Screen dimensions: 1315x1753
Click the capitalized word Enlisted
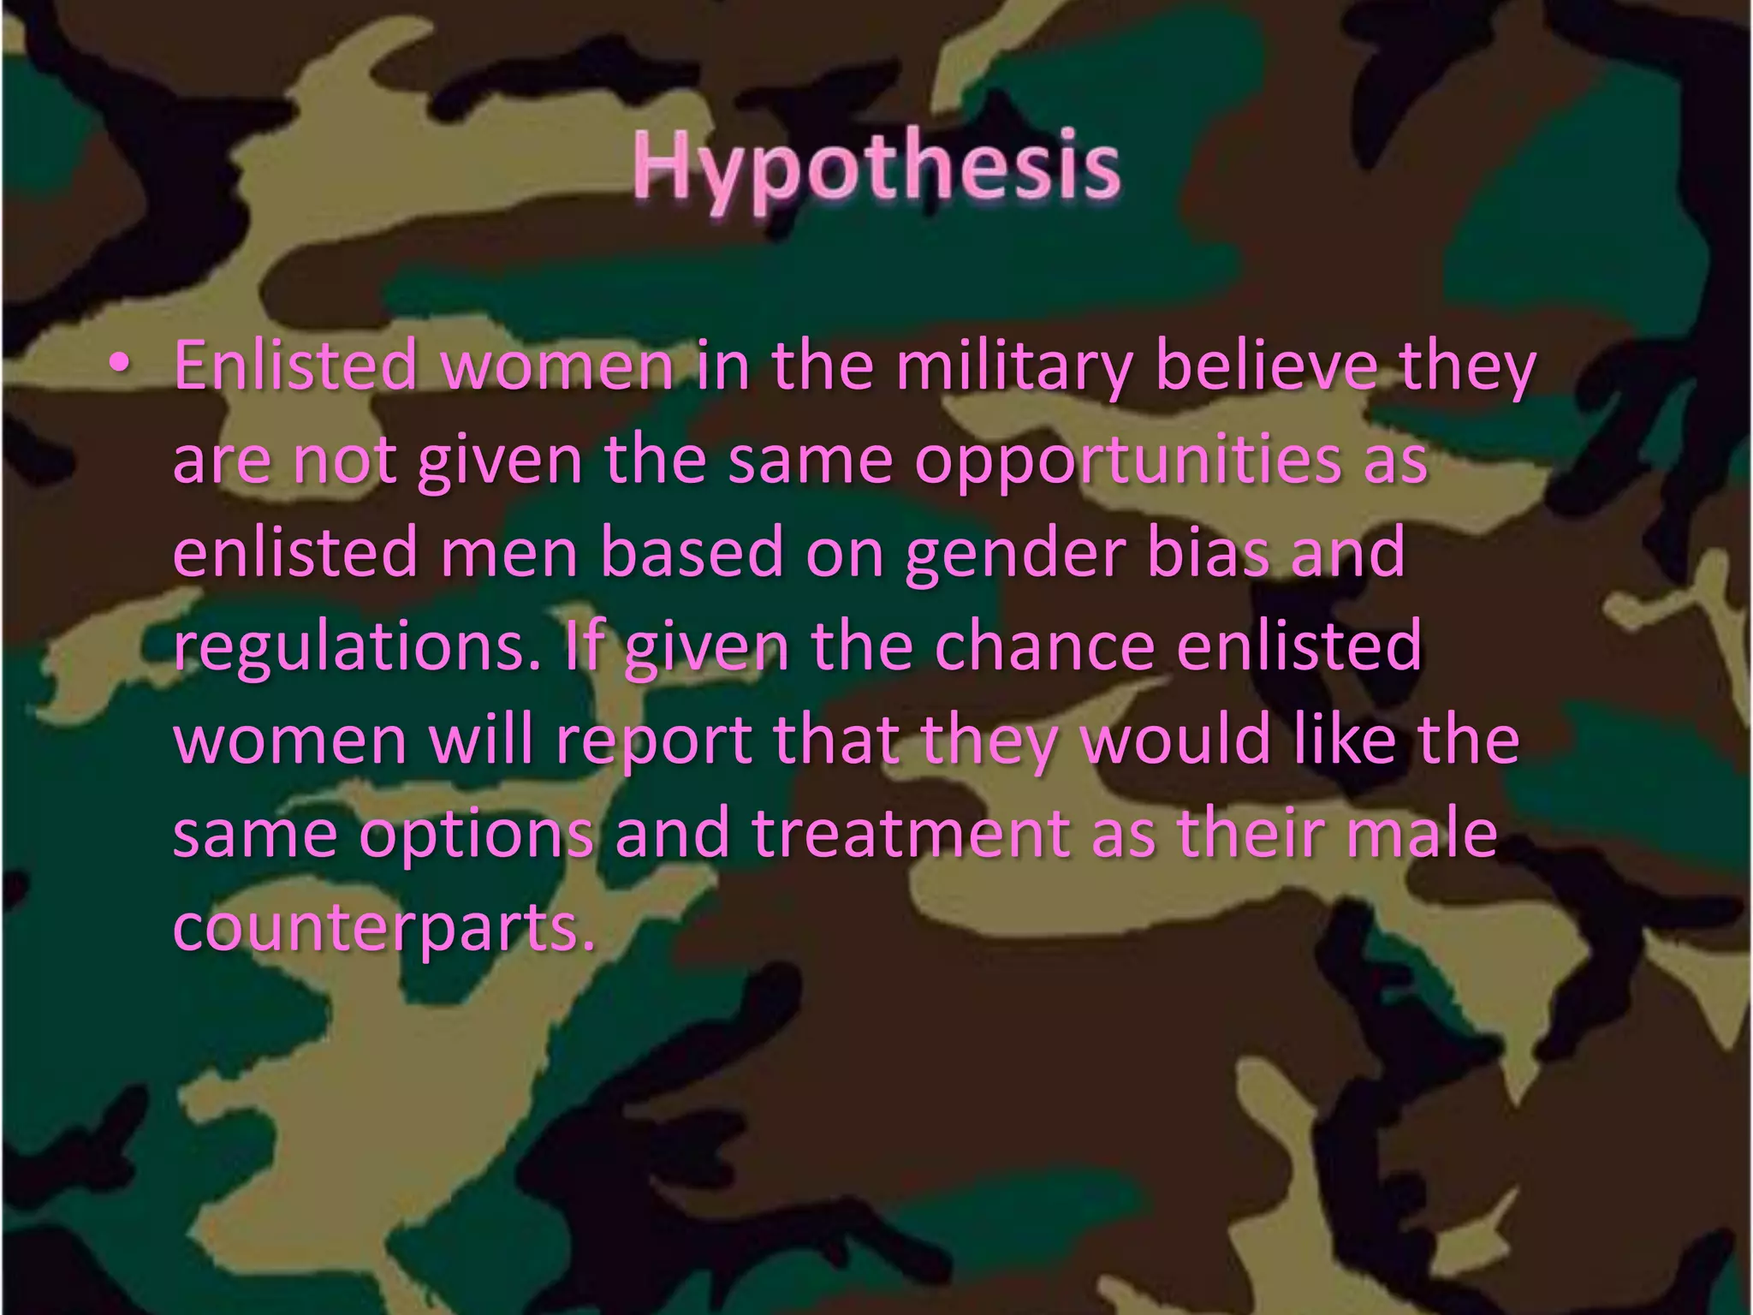(295, 366)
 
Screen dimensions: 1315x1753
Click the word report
(654, 741)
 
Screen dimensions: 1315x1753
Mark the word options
(477, 835)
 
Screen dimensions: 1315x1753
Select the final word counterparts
(384, 929)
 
